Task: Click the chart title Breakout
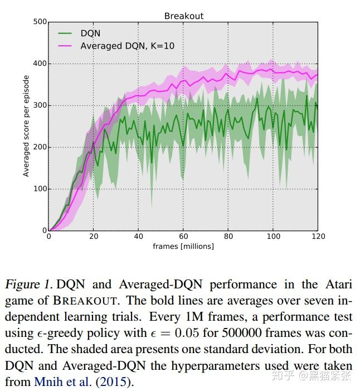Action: coord(184,16)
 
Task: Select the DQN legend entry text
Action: coord(90,33)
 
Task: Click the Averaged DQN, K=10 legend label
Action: coord(127,46)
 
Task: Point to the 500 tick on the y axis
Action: coord(40,22)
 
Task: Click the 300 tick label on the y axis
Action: coord(40,105)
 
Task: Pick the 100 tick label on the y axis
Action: coord(40,189)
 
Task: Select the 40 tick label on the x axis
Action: coord(138,236)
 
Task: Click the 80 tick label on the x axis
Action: coord(228,236)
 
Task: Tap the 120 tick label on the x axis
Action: coord(317,236)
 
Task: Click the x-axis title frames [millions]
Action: coord(183,246)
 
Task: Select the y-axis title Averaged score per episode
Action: coord(26,127)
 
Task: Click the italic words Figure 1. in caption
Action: coord(29,284)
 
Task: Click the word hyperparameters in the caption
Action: coord(196,366)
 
